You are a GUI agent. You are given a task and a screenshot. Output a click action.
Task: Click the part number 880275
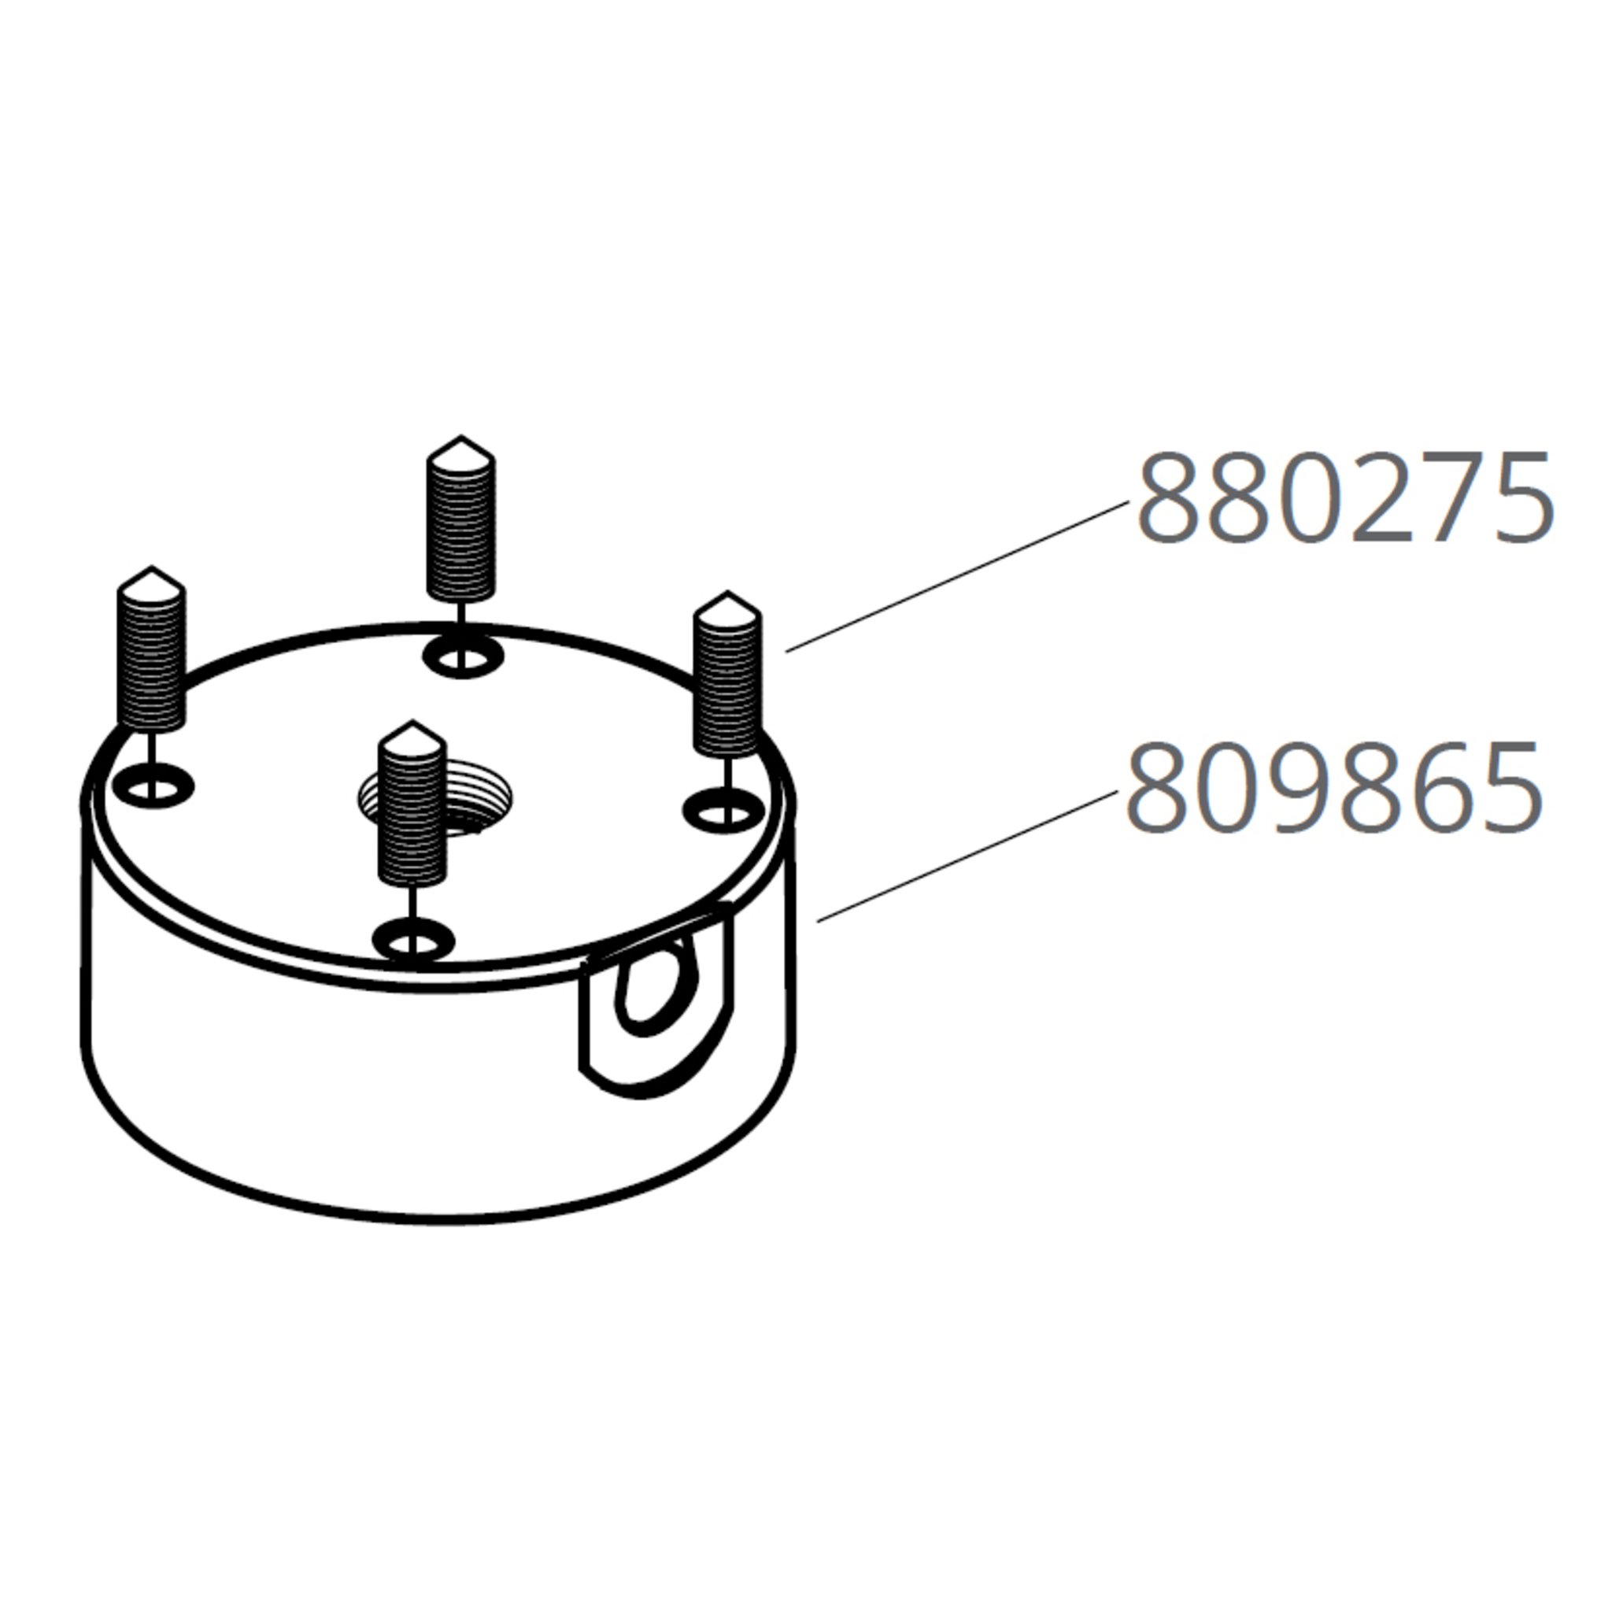[1345, 498]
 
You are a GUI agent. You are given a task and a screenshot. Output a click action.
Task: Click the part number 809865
[1333, 789]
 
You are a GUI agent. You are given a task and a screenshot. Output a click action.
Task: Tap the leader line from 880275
[956, 576]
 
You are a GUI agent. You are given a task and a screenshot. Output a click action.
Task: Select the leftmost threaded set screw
[151, 655]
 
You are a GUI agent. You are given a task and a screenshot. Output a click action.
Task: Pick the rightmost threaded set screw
[727, 680]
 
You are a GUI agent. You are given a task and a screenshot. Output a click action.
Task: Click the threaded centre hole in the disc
[434, 800]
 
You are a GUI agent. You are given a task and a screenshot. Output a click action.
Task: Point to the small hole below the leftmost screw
[153, 787]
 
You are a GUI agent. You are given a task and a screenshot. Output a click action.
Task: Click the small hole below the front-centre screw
[413, 943]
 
